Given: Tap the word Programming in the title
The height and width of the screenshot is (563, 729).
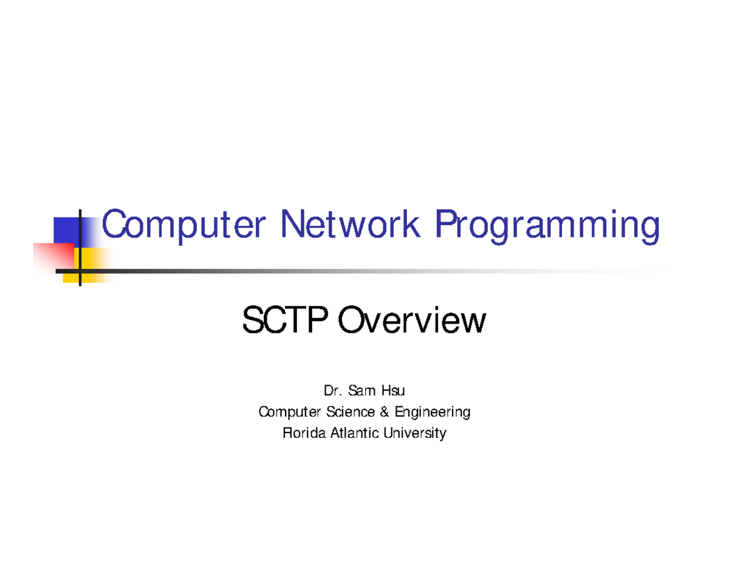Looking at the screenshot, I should pos(547,227).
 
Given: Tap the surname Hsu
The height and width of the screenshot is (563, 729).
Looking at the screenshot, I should pos(389,392).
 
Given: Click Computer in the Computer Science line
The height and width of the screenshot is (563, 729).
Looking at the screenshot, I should pos(288,413).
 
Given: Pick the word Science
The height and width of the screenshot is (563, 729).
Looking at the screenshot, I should pos(350,412).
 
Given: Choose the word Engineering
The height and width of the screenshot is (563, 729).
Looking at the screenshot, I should pos(432,413).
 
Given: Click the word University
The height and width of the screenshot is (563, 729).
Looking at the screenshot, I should pos(416,434).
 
